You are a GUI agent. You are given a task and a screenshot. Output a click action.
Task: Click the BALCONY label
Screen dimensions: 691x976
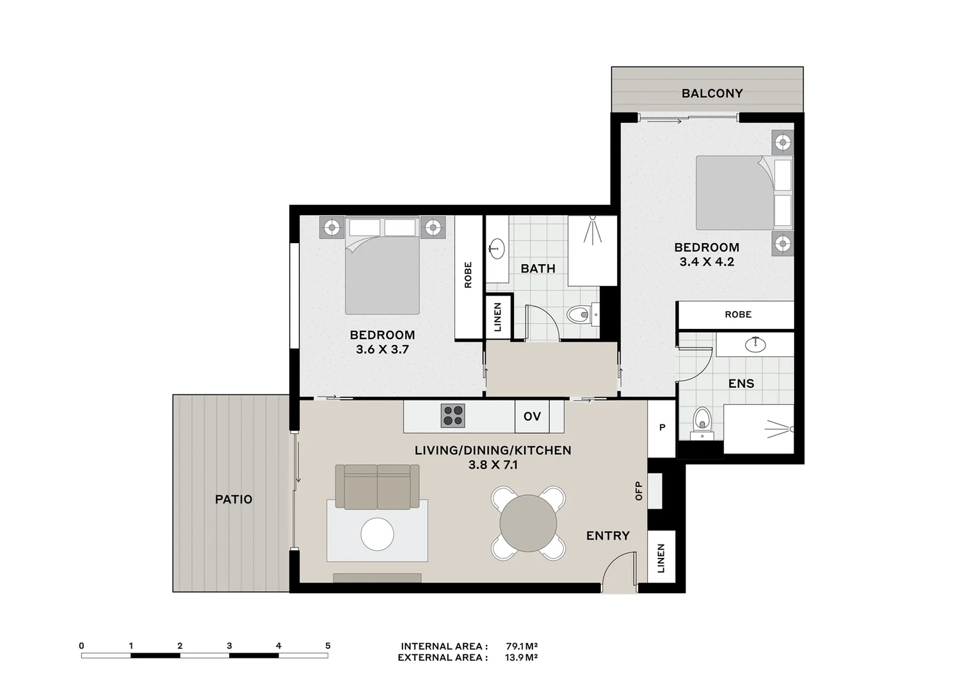pyautogui.click(x=712, y=93)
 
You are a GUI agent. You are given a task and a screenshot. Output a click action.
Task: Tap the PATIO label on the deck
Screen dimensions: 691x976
pyautogui.click(x=234, y=499)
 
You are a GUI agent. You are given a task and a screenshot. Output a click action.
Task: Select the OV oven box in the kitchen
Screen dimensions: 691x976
pyautogui.click(x=532, y=417)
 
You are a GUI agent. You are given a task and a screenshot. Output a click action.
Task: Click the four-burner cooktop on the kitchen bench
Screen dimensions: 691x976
pyautogui.click(x=452, y=416)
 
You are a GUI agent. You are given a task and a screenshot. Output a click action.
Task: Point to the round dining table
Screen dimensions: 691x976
pyautogui.click(x=528, y=523)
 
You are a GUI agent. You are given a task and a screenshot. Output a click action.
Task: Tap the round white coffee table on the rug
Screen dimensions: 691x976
pyautogui.click(x=377, y=534)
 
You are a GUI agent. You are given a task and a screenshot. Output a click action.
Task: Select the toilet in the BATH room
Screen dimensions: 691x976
pyautogui.click(x=579, y=314)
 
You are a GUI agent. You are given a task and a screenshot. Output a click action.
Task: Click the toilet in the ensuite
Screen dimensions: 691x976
pyautogui.click(x=702, y=422)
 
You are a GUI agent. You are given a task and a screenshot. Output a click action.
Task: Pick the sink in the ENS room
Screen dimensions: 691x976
pyautogui.click(x=756, y=344)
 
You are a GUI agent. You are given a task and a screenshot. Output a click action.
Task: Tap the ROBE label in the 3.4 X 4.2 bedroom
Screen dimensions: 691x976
pyautogui.click(x=738, y=315)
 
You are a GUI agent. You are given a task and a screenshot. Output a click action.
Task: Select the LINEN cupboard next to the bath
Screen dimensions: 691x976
pyautogui.click(x=499, y=317)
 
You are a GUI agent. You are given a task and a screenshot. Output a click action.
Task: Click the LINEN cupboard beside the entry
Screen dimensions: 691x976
pyautogui.click(x=661, y=558)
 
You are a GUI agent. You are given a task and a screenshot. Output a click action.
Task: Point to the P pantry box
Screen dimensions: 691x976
pyautogui.click(x=662, y=427)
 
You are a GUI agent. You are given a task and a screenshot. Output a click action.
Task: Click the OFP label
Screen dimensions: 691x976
pyautogui.click(x=638, y=491)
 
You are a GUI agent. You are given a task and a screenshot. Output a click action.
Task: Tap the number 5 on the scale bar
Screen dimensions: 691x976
pyautogui.click(x=328, y=646)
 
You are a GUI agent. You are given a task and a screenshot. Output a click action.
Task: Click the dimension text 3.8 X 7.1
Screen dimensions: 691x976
pyautogui.click(x=493, y=465)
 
